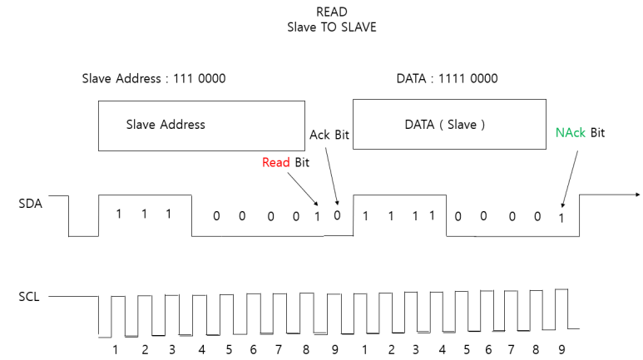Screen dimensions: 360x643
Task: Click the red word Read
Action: [275, 163]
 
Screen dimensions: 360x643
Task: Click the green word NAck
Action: [571, 132]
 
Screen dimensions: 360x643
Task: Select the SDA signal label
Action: [30, 203]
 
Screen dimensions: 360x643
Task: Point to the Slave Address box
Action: [200, 125]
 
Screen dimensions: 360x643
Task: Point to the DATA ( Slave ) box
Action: [444, 125]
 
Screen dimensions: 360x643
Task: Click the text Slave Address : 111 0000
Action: [153, 79]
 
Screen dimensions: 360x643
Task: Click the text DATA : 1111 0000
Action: [447, 79]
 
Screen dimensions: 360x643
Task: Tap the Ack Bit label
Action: [330, 135]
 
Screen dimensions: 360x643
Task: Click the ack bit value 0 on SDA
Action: [337, 215]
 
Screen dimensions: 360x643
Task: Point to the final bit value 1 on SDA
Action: [561, 218]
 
